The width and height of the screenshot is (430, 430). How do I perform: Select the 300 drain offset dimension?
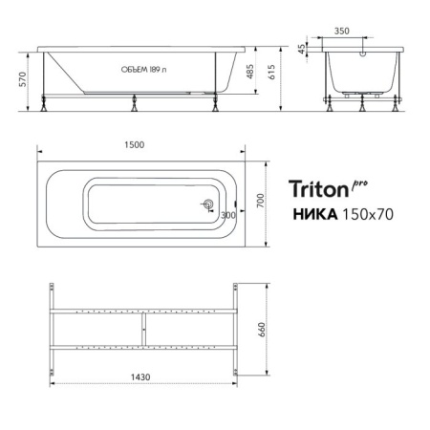click(227, 215)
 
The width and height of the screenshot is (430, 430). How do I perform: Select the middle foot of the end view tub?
click(363, 106)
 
